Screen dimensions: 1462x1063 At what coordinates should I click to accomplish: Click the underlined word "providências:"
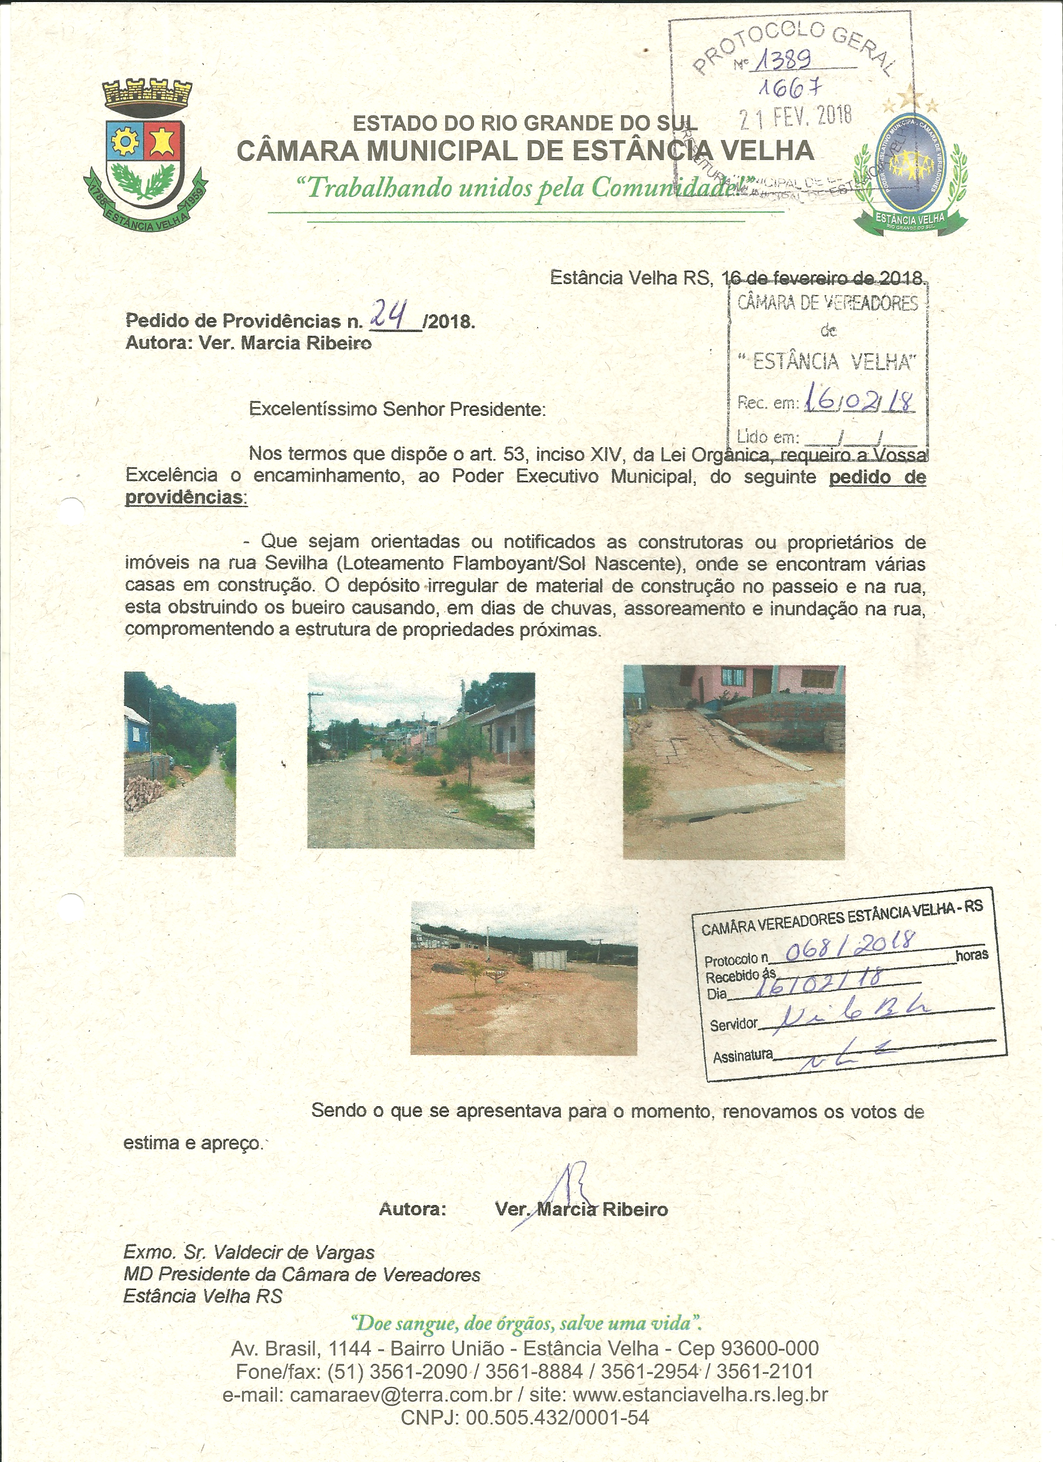(186, 498)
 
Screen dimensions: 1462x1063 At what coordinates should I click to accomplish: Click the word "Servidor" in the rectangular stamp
(733, 1024)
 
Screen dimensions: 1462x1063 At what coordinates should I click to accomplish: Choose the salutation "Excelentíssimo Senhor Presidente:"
(397, 410)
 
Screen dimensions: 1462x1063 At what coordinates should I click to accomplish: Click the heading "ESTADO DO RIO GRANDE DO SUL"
(525, 123)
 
